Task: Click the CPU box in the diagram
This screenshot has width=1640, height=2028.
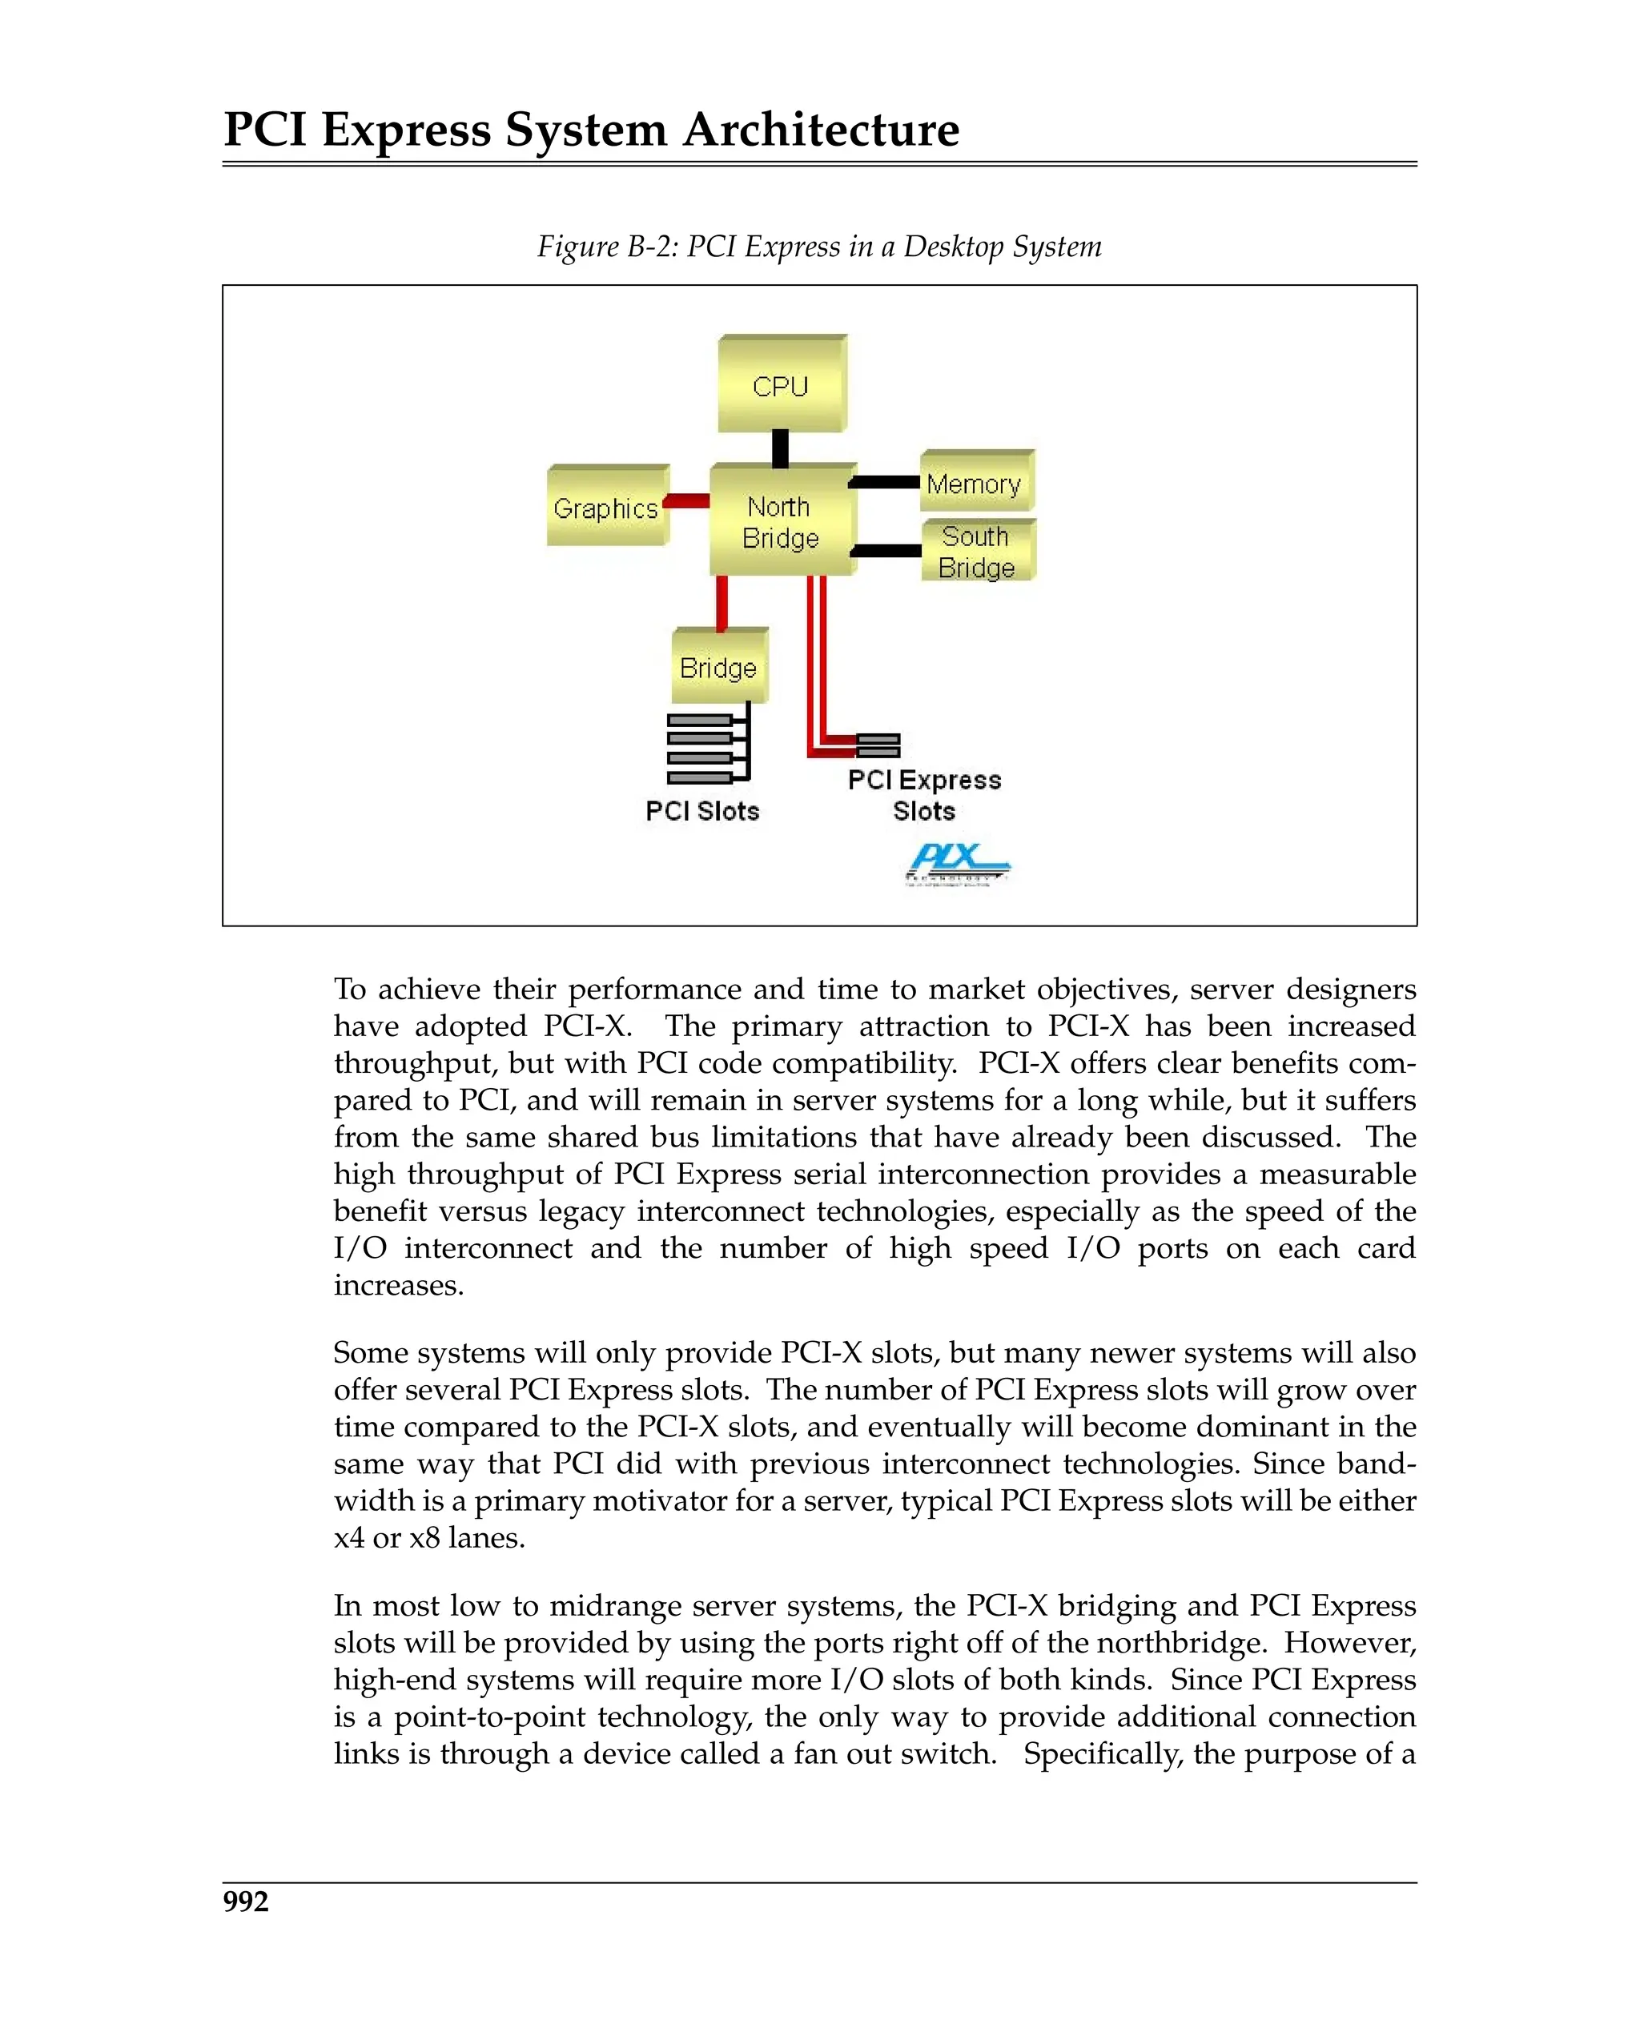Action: (x=782, y=385)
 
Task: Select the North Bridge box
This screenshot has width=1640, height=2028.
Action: (x=782, y=521)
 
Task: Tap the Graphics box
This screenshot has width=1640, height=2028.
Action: (x=606, y=508)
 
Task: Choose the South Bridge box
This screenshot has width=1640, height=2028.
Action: (x=977, y=552)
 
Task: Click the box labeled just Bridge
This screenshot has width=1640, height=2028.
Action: (x=719, y=668)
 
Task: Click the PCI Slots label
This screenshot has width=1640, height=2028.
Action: (x=702, y=810)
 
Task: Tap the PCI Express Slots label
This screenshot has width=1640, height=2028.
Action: (x=924, y=794)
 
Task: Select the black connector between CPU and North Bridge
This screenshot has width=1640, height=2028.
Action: (x=780, y=448)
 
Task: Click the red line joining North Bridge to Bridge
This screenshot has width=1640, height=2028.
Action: (x=722, y=603)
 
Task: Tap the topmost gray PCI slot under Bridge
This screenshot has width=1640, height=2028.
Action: (x=700, y=720)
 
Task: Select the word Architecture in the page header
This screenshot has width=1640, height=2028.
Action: (x=820, y=130)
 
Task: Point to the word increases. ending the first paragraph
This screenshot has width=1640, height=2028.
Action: (x=399, y=1286)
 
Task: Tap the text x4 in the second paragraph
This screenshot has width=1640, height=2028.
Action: (x=348, y=1538)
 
